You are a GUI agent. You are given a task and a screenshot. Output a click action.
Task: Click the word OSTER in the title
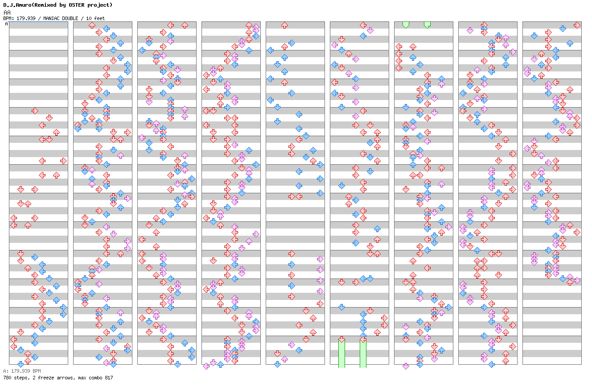tap(77, 5)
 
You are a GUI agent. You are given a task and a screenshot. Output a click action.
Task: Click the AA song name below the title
tap(7, 12)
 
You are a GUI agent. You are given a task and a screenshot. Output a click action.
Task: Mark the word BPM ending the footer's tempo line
tap(37, 371)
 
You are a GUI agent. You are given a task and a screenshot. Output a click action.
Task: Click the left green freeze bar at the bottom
tap(341, 353)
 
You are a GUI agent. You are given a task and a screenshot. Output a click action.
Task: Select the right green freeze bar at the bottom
tap(363, 353)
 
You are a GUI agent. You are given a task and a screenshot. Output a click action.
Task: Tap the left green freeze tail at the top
tap(406, 25)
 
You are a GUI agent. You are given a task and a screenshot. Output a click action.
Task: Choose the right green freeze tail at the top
tap(427, 25)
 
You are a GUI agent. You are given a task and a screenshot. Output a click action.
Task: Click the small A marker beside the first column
tap(6, 24)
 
